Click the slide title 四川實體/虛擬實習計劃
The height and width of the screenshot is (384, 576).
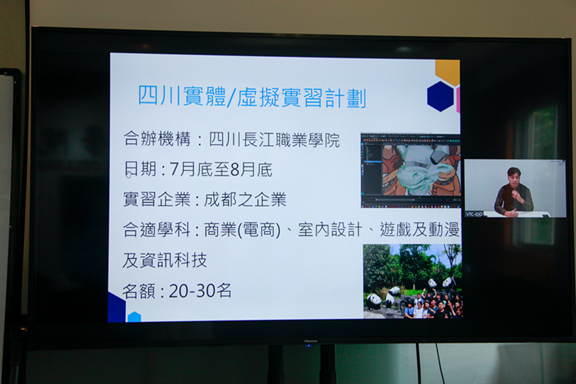tap(252, 97)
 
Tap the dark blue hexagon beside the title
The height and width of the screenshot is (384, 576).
tap(441, 96)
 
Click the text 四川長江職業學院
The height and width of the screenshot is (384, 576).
tap(274, 140)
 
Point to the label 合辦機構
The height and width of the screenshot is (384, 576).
tap(157, 139)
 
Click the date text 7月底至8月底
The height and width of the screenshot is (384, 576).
tap(220, 169)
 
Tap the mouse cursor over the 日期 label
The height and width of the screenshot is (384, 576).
tap(129, 173)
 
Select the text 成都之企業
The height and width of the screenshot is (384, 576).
tap(245, 199)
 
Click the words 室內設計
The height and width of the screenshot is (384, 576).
tap(330, 230)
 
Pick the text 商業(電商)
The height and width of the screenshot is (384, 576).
tap(242, 230)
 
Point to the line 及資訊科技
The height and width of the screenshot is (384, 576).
tap(165, 260)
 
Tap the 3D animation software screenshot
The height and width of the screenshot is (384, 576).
tap(411, 170)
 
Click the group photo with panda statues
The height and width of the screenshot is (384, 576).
tap(412, 281)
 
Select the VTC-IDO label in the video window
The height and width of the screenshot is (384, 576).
tap(474, 214)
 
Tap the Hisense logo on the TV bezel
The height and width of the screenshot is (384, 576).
tap(310, 341)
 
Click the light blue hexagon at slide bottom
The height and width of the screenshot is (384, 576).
tap(134, 317)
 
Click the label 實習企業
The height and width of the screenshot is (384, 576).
tap(157, 199)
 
